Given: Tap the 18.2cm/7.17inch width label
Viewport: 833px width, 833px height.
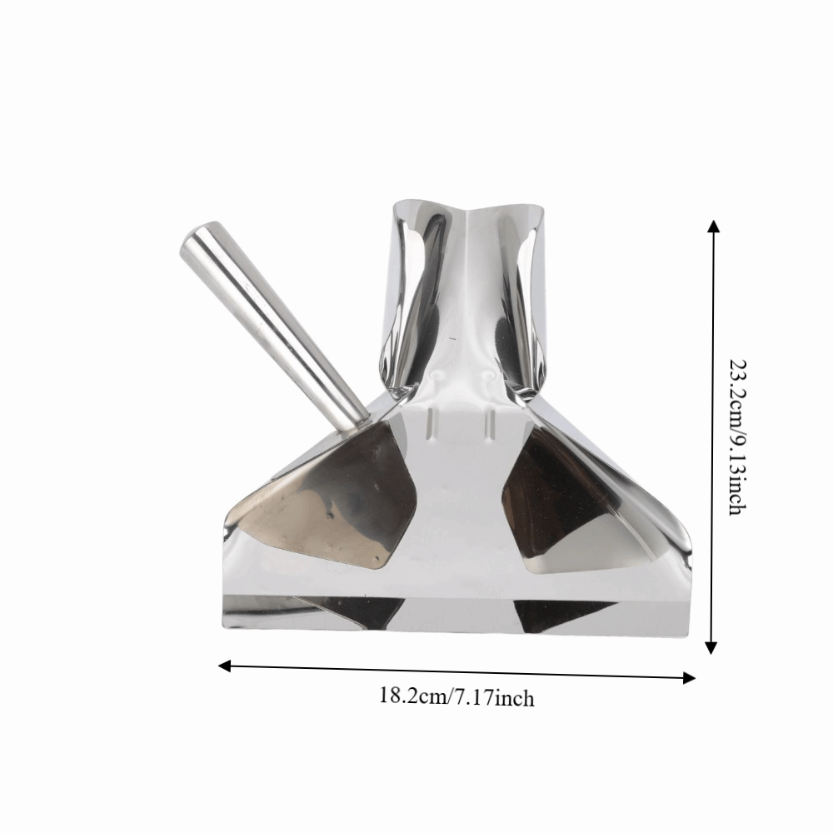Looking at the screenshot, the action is pyautogui.click(x=456, y=697).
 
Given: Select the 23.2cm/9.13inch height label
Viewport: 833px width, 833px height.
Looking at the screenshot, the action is pyautogui.click(x=737, y=437).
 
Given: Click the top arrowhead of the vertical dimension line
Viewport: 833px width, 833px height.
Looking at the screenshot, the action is pyautogui.click(x=713, y=225).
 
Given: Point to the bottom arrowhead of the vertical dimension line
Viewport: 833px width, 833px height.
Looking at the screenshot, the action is pyautogui.click(x=711, y=647).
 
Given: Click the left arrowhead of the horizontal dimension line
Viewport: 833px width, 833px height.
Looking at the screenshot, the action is pyautogui.click(x=225, y=666).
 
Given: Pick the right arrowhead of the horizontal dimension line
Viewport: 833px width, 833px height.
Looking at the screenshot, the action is pyautogui.click(x=689, y=677).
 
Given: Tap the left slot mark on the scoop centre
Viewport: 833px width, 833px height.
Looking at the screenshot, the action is pyautogui.click(x=429, y=424).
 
